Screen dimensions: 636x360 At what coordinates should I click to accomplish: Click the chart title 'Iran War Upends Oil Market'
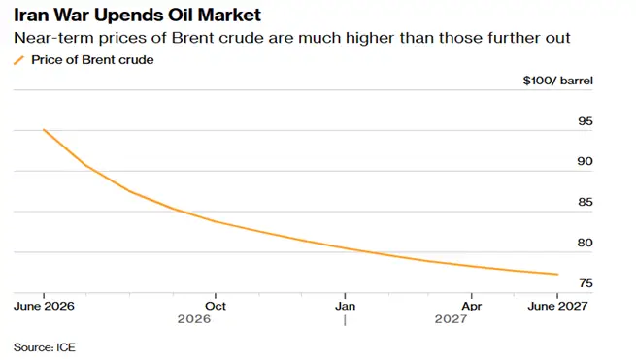point(137,16)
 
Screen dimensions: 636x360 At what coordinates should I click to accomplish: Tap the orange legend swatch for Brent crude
point(19,60)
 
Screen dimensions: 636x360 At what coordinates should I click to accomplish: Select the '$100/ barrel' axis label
point(557,81)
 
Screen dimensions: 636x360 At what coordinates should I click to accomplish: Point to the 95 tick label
point(586,121)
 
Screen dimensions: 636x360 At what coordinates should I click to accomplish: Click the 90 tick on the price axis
point(586,161)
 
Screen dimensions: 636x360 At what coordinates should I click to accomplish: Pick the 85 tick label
point(586,202)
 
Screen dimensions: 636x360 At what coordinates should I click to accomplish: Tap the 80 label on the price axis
point(586,243)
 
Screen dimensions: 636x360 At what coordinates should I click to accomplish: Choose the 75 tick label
point(586,283)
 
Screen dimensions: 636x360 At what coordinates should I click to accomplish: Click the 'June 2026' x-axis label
point(44,306)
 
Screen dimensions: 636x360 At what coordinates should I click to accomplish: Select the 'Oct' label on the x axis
point(216,306)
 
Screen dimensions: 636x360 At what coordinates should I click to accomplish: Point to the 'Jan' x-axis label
point(345,306)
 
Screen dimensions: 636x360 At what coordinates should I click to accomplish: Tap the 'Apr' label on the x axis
point(472,306)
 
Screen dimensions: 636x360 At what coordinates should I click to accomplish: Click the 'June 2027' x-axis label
point(557,306)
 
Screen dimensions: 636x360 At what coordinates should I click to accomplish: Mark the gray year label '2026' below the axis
point(194,319)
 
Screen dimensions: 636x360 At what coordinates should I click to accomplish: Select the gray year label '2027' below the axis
point(451,319)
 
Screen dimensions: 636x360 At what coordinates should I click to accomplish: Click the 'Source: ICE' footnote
point(45,347)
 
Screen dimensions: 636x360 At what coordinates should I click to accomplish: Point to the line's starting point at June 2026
point(44,130)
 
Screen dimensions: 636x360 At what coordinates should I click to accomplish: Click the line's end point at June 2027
point(557,275)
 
